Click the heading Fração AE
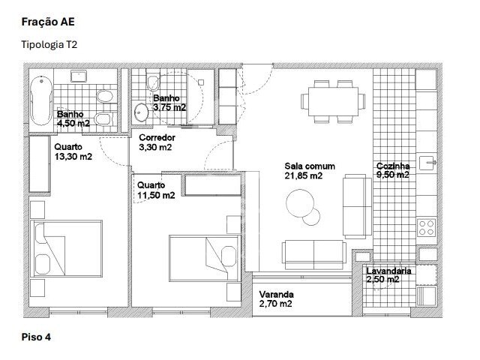[48, 22]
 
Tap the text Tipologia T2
[49, 45]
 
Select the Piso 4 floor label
[36, 337]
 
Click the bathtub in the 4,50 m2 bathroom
[41, 100]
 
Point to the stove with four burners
[427, 227]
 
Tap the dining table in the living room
[333, 101]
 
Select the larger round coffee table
[300, 203]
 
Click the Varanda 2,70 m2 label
[276, 299]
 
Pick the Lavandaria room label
[388, 271]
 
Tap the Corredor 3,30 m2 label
[157, 142]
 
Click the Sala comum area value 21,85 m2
[303, 175]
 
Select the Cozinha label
[393, 166]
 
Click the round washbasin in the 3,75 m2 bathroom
[141, 112]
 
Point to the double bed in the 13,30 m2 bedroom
[67, 248]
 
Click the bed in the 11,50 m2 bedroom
[205, 258]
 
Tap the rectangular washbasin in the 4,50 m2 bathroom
[79, 76]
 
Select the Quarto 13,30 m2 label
[73, 151]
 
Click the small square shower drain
[201, 82]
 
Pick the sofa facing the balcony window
[314, 255]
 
